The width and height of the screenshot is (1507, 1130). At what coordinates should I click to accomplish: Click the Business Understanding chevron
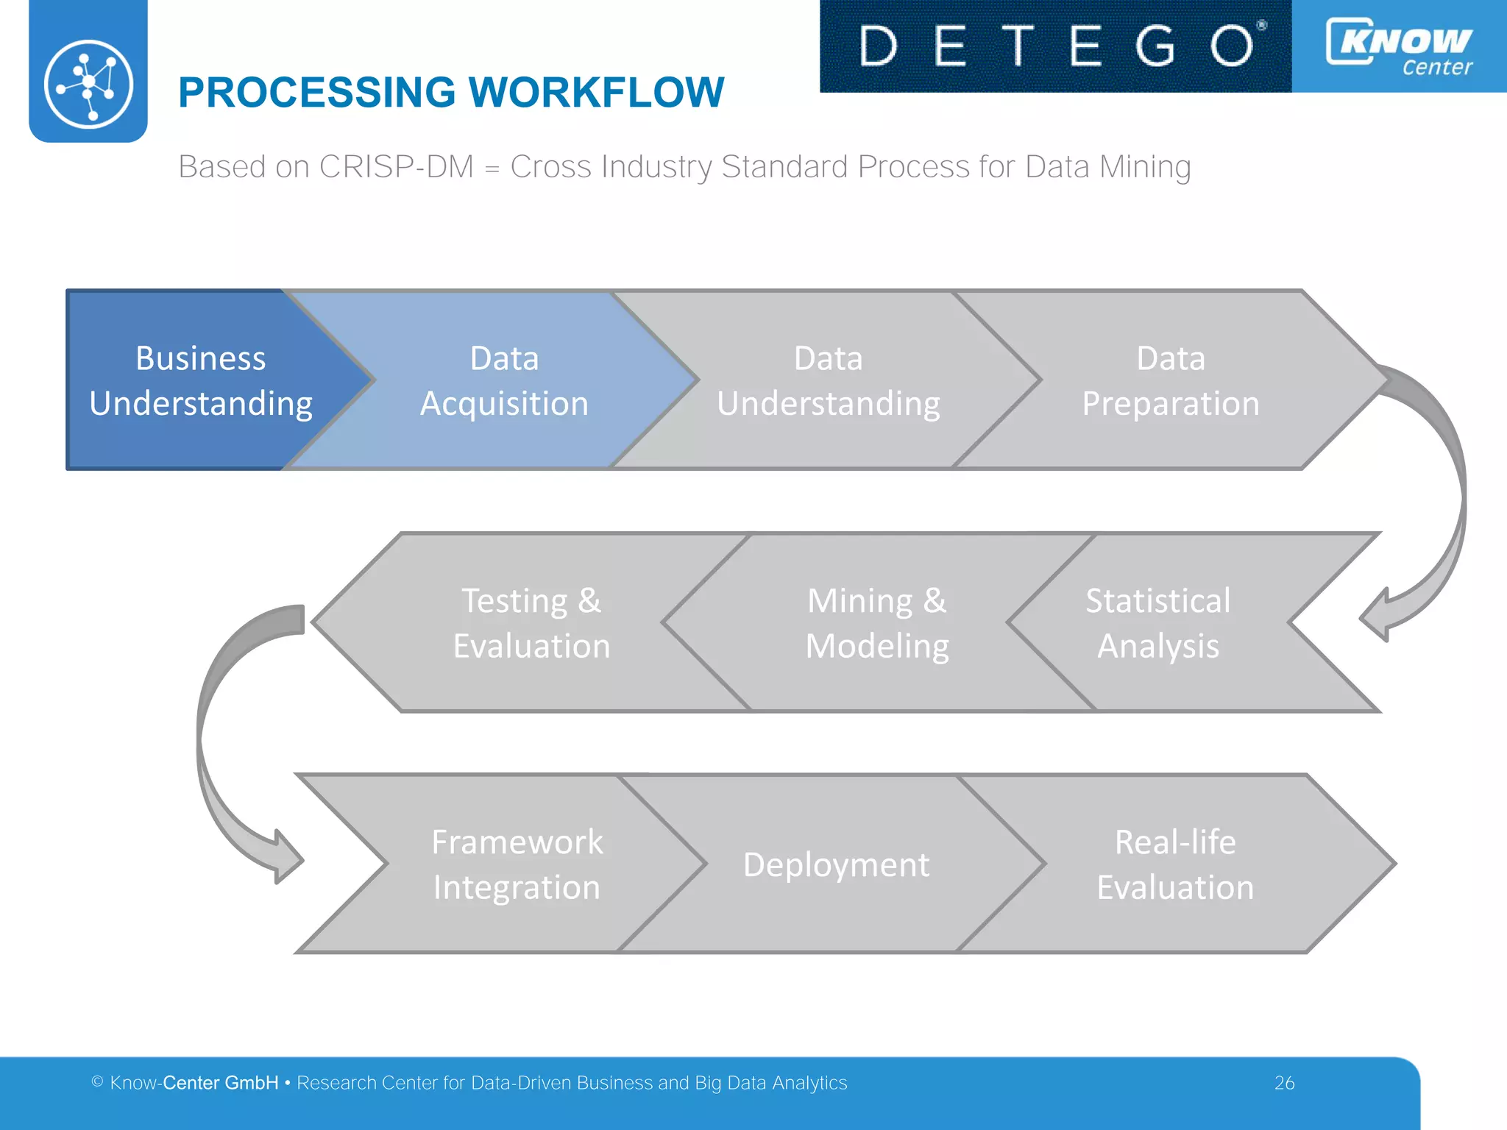200,380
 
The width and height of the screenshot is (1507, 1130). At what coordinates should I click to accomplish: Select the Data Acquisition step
504,380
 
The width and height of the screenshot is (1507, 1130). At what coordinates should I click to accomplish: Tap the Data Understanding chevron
828,380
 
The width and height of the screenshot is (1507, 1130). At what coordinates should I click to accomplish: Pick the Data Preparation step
1170,380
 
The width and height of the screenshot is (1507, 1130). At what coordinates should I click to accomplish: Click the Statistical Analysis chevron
1157,622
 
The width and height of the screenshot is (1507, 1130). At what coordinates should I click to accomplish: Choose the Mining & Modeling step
877,622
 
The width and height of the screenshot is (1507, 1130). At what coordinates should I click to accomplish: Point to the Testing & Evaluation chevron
531,622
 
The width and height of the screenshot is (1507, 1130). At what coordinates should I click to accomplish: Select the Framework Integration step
517,864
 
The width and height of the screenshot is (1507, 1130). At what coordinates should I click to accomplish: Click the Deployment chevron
836,864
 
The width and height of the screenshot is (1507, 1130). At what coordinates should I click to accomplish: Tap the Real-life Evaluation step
1175,864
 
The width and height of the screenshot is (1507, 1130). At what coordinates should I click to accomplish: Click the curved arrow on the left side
213,743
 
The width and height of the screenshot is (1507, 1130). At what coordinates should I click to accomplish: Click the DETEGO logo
1055,46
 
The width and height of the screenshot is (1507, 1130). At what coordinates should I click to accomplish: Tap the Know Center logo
1399,46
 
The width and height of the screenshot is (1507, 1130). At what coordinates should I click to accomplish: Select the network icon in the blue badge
88,84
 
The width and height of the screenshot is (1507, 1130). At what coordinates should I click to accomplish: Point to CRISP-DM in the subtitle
396,167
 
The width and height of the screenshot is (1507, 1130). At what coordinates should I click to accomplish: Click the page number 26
1284,1083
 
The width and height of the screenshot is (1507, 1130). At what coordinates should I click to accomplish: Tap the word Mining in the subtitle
1145,167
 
